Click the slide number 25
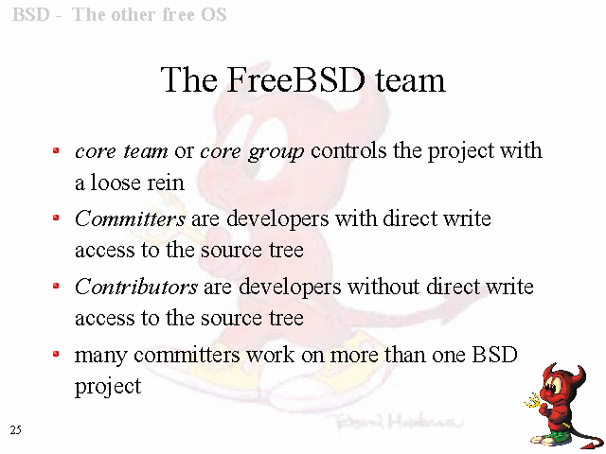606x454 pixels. (x=15, y=429)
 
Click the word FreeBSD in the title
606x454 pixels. (x=296, y=79)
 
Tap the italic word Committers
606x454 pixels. (x=130, y=218)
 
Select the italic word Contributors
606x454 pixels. (x=136, y=287)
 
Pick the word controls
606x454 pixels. (x=348, y=150)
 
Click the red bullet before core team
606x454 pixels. (x=56, y=150)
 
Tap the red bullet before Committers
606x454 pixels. (x=56, y=218)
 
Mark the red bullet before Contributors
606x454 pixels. (x=56, y=286)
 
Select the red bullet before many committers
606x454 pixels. (x=56, y=354)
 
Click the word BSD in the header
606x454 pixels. (x=31, y=15)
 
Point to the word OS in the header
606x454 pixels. (x=214, y=15)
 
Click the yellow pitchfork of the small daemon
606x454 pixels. (x=534, y=401)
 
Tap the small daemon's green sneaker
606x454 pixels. (x=557, y=436)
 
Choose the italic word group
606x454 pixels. (x=276, y=151)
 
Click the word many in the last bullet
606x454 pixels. (x=100, y=356)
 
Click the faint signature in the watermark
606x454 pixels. (x=398, y=421)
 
